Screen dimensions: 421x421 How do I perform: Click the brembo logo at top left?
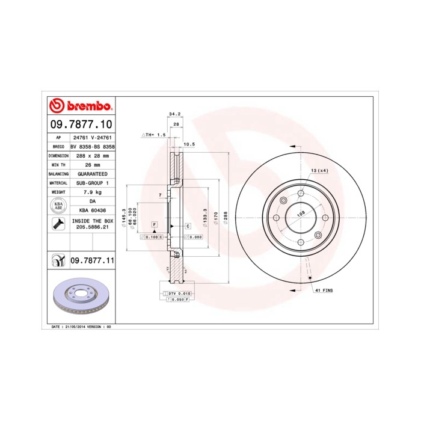click(80, 106)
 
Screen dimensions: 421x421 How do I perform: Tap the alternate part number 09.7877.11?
click(92, 260)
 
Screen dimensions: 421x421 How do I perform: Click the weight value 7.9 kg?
click(93, 192)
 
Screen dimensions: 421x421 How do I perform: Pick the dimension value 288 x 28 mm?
click(93, 155)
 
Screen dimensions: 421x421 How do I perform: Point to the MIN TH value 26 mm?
click(93, 164)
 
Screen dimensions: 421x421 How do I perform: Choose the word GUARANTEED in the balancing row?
click(93, 173)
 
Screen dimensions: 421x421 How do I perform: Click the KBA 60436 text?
click(93, 210)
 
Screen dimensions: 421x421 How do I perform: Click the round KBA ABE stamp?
click(59, 206)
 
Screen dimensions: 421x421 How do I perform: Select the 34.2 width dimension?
click(175, 113)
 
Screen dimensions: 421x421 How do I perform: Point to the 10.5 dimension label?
click(189, 144)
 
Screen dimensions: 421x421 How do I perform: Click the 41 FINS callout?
click(323, 290)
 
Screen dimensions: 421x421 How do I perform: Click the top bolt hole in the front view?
click(300, 194)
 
